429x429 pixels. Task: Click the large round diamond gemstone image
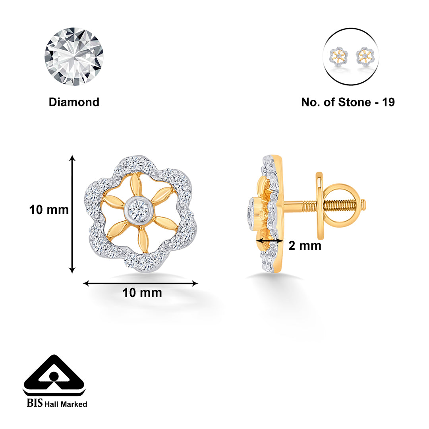[x=74, y=56]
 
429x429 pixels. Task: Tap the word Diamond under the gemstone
[x=74, y=102]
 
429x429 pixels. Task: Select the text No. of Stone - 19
[x=348, y=102]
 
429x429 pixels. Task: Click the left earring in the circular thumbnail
[x=338, y=56]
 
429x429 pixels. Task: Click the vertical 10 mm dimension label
[x=49, y=210]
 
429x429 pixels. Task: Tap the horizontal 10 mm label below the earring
[x=142, y=293]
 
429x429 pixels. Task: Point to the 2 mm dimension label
[x=305, y=246]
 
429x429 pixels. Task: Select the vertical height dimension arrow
[x=72, y=214]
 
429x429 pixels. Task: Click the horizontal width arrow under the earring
[x=141, y=283]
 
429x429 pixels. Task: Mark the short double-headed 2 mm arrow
[x=270, y=241]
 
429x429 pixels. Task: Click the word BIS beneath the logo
[x=35, y=404]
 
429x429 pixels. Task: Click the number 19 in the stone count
[x=388, y=102]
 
